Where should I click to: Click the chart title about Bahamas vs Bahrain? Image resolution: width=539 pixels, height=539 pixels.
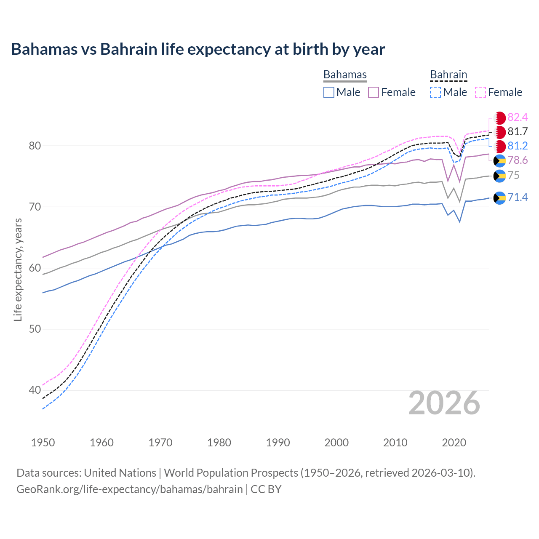pyautogui.click(x=198, y=49)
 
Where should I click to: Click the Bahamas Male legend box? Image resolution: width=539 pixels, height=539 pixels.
pyautogui.click(x=329, y=92)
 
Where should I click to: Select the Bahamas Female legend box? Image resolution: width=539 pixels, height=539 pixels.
pyautogui.click(x=374, y=92)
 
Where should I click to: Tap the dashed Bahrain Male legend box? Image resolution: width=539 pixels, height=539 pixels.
pyautogui.click(x=435, y=92)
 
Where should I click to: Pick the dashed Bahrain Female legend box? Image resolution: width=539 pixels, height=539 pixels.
pyautogui.click(x=480, y=92)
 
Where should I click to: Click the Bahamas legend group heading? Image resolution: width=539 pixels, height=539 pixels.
pyautogui.click(x=345, y=75)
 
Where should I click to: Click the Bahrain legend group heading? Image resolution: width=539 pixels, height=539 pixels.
pyautogui.click(x=448, y=75)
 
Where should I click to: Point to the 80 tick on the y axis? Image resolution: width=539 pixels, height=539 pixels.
pyautogui.click(x=35, y=146)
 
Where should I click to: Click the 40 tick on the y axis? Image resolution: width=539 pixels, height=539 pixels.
pyautogui.click(x=35, y=390)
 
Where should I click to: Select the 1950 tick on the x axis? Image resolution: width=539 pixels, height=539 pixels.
pyautogui.click(x=43, y=443)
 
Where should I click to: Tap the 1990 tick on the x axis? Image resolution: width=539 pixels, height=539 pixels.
pyautogui.click(x=278, y=443)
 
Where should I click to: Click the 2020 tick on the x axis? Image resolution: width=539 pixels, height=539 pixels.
pyautogui.click(x=454, y=443)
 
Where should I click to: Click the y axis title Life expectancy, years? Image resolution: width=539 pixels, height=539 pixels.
pyautogui.click(x=18, y=269)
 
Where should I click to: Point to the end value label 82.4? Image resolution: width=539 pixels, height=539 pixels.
pyautogui.click(x=518, y=117)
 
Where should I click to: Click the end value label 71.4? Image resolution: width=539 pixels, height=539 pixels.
pyautogui.click(x=518, y=197)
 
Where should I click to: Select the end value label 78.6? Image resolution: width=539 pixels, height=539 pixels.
pyautogui.click(x=518, y=160)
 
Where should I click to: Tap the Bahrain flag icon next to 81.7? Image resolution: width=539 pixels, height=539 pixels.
pyautogui.click(x=500, y=132)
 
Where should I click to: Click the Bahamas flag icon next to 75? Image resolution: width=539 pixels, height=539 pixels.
pyautogui.click(x=500, y=176)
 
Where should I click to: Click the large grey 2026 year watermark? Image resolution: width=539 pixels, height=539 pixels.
pyautogui.click(x=444, y=403)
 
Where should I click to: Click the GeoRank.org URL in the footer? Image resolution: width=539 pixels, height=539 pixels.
pyautogui.click(x=130, y=489)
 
